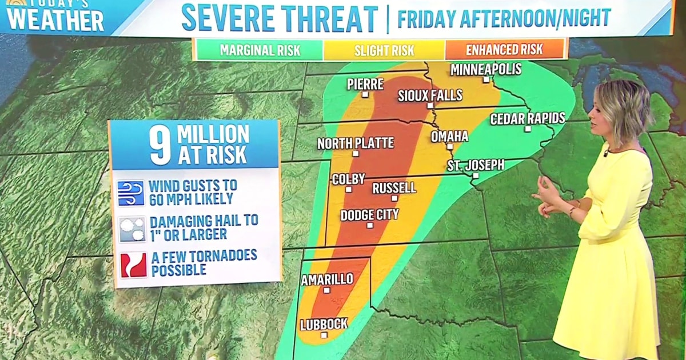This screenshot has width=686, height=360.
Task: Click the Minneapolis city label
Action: click(486, 69)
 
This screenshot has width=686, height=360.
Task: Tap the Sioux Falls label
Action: click(430, 95)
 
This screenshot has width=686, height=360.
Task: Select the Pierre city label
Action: click(365, 84)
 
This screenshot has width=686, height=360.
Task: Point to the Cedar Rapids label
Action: click(528, 118)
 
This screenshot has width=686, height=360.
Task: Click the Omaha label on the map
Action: click(449, 136)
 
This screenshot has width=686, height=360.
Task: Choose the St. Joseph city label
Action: click(476, 165)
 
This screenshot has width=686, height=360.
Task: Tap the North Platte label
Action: click(356, 143)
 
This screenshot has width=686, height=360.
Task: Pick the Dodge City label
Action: click(370, 215)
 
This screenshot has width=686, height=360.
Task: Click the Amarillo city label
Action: click(327, 279)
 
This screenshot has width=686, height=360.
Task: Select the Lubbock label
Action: click(324, 324)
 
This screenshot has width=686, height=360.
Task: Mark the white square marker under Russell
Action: click(394, 198)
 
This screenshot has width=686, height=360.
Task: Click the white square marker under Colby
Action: click(348, 189)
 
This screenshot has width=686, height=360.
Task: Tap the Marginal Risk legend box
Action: click(260, 50)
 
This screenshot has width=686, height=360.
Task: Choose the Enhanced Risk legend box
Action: click(504, 50)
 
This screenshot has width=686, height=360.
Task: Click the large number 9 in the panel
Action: click(161, 145)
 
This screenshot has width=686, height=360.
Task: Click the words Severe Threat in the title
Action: click(280, 18)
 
